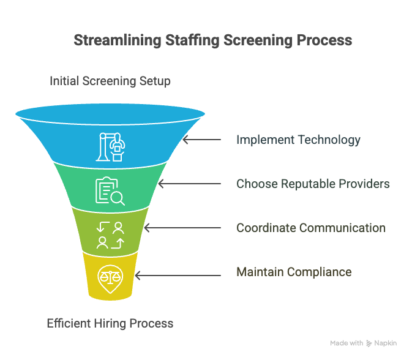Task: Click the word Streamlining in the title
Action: pyautogui.click(x=117, y=41)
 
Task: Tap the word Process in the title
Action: pyautogui.click(x=324, y=40)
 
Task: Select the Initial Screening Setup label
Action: pyautogui.click(x=110, y=81)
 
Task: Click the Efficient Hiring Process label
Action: pyautogui.click(x=110, y=323)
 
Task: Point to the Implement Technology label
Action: pyautogui.click(x=298, y=140)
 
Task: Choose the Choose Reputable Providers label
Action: pyautogui.click(x=313, y=184)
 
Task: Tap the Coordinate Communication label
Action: pyautogui.click(x=311, y=228)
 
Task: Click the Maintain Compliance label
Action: pyautogui.click(x=294, y=272)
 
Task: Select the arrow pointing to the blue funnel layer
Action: pyautogui.click(x=202, y=140)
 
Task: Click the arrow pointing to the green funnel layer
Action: pyautogui.click(x=189, y=184)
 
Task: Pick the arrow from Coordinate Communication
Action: pyautogui.click(x=182, y=228)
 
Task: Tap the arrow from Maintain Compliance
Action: pyautogui.click(x=178, y=276)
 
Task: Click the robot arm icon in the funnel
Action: pyautogui.click(x=110, y=146)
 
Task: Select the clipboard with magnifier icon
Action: pyautogui.click(x=110, y=191)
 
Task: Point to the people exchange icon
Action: pyautogui.click(x=110, y=235)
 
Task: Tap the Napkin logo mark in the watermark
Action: pyautogui.click(x=369, y=343)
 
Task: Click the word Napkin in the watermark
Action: pyautogui.click(x=386, y=343)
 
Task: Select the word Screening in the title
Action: pyautogui.click(x=258, y=41)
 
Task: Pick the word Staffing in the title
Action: pyautogui.click(x=192, y=41)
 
